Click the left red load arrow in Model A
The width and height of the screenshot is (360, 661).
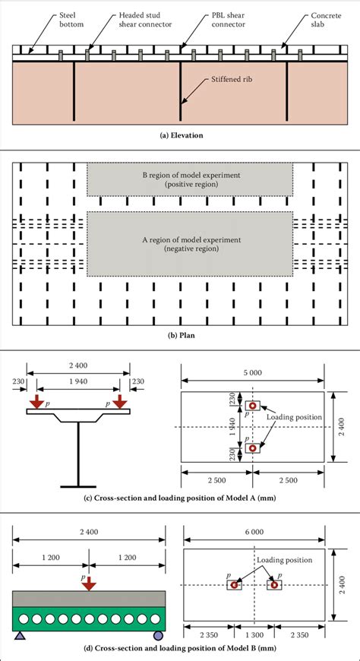point(39,400)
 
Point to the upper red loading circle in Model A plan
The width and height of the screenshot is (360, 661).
point(252,406)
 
